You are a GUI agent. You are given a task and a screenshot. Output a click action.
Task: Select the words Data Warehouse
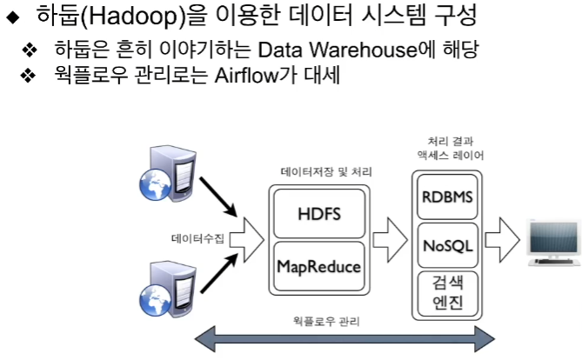click(x=328, y=51)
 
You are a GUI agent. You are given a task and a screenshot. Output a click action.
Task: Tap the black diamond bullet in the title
click(x=12, y=17)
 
